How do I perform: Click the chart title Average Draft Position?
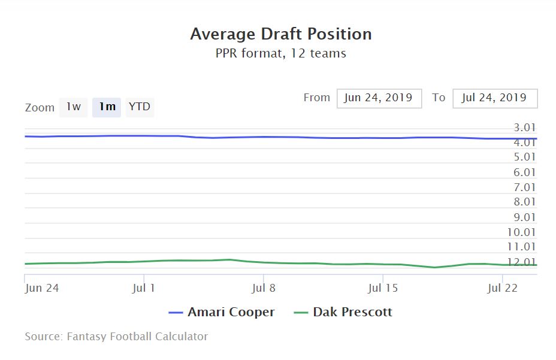[x=281, y=34]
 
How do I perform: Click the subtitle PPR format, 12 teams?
[x=281, y=53]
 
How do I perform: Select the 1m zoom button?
[x=107, y=107]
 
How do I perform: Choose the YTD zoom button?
[x=140, y=107]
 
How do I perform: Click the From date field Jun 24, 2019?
[x=379, y=98]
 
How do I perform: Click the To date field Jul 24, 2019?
[x=495, y=98]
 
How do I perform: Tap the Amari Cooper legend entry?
[x=222, y=312]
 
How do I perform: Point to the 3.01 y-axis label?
[x=525, y=128]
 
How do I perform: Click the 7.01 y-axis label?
[x=525, y=187]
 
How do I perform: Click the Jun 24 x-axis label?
[x=42, y=288]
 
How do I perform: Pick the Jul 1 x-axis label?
[x=144, y=288]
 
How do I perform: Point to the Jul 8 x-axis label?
[x=264, y=288]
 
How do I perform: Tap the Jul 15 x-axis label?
[x=383, y=288]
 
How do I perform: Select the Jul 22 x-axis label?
[x=503, y=288]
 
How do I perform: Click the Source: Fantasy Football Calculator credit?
[x=116, y=337]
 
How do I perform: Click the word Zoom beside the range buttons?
[x=40, y=108]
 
